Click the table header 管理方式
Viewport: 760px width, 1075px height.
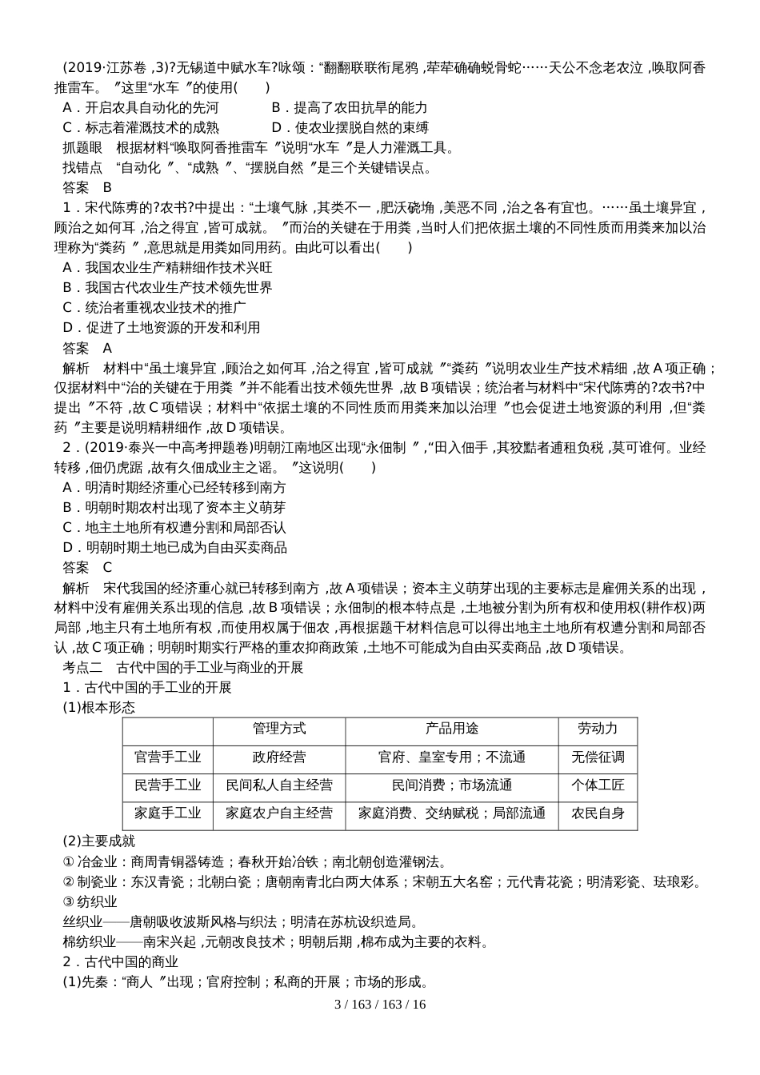(279, 729)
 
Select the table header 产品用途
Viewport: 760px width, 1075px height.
(451, 729)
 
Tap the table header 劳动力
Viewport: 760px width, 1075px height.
(598, 729)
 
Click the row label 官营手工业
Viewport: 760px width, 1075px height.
(168, 757)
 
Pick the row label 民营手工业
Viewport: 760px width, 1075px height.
(168, 785)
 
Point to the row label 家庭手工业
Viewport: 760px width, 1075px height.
(168, 813)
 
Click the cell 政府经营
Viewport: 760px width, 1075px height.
(279, 757)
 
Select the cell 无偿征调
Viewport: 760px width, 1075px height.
(598, 757)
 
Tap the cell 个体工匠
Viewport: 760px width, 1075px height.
(598, 785)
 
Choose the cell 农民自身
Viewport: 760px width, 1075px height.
(598, 813)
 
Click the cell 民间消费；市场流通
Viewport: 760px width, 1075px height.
(451, 785)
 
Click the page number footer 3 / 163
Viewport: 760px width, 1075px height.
(380, 1004)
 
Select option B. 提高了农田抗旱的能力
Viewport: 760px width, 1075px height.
(350, 107)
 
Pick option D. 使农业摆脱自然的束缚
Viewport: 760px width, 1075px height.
(350, 127)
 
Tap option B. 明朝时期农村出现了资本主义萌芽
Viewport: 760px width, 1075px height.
(174, 507)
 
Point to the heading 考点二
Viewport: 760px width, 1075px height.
(83, 667)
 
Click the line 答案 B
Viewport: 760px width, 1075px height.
(87, 187)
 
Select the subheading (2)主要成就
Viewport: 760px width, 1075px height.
(99, 841)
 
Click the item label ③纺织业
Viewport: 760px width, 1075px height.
(90, 901)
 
